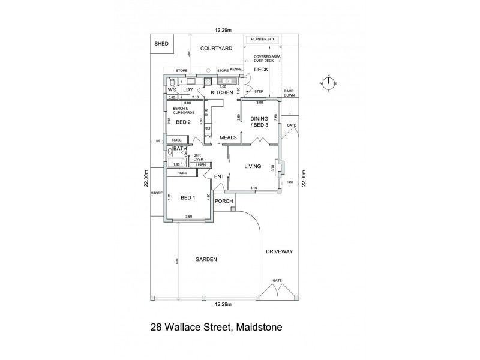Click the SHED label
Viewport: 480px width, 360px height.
click(x=161, y=44)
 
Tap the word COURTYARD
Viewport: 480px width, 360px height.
click(x=216, y=48)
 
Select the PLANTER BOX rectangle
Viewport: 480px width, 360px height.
click(x=262, y=39)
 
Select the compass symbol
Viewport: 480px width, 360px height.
click(x=328, y=83)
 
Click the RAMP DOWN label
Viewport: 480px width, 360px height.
click(x=289, y=92)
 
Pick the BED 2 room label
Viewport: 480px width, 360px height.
click(x=183, y=122)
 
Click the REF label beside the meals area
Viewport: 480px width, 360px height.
click(x=208, y=128)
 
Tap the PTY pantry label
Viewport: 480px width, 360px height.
click(x=208, y=136)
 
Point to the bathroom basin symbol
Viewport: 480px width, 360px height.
click(x=170, y=152)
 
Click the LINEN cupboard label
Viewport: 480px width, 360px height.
click(x=201, y=164)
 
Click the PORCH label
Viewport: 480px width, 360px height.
click(x=223, y=201)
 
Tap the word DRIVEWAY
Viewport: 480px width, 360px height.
click(x=279, y=252)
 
